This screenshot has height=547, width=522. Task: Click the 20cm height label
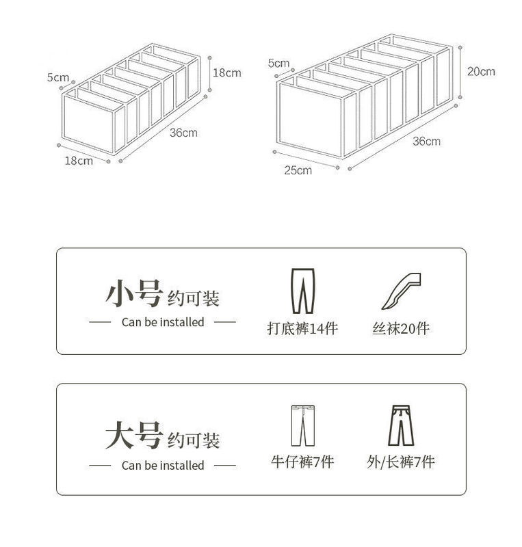pos(481,71)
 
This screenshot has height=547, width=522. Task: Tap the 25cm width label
pos(298,170)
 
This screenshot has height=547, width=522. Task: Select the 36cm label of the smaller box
pos(183,133)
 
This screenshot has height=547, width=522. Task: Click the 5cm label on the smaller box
pos(58,77)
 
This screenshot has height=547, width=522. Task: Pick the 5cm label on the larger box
pos(279,63)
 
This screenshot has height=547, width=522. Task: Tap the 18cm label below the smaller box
pos(79,161)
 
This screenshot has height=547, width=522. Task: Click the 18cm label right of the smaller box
pos(226,72)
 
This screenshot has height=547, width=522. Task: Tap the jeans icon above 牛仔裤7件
pos(301,425)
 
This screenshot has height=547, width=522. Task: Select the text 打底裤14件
pos(302,328)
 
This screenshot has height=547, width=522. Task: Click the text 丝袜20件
pos(401,328)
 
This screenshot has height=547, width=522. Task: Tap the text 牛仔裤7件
pos(302,462)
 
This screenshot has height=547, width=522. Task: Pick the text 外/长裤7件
pos(401,462)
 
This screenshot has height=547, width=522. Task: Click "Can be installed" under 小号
pos(163,321)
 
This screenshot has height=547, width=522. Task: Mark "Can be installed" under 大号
pos(163,465)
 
